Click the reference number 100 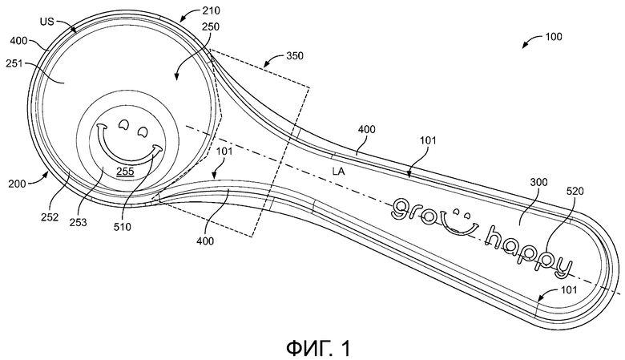click(554, 37)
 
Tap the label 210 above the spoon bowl click(211, 10)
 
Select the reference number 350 click(295, 56)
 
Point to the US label click(46, 22)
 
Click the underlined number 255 click(125, 172)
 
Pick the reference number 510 click(123, 227)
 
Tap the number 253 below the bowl click(79, 222)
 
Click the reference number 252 click(50, 217)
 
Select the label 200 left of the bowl click(17, 184)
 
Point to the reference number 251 click(14, 64)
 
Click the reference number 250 click(211, 26)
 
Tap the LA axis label click(338, 172)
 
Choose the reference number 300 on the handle click(539, 183)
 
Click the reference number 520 click(575, 192)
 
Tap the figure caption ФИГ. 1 click(318, 348)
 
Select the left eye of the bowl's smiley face click(123, 125)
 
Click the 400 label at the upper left click(18, 41)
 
